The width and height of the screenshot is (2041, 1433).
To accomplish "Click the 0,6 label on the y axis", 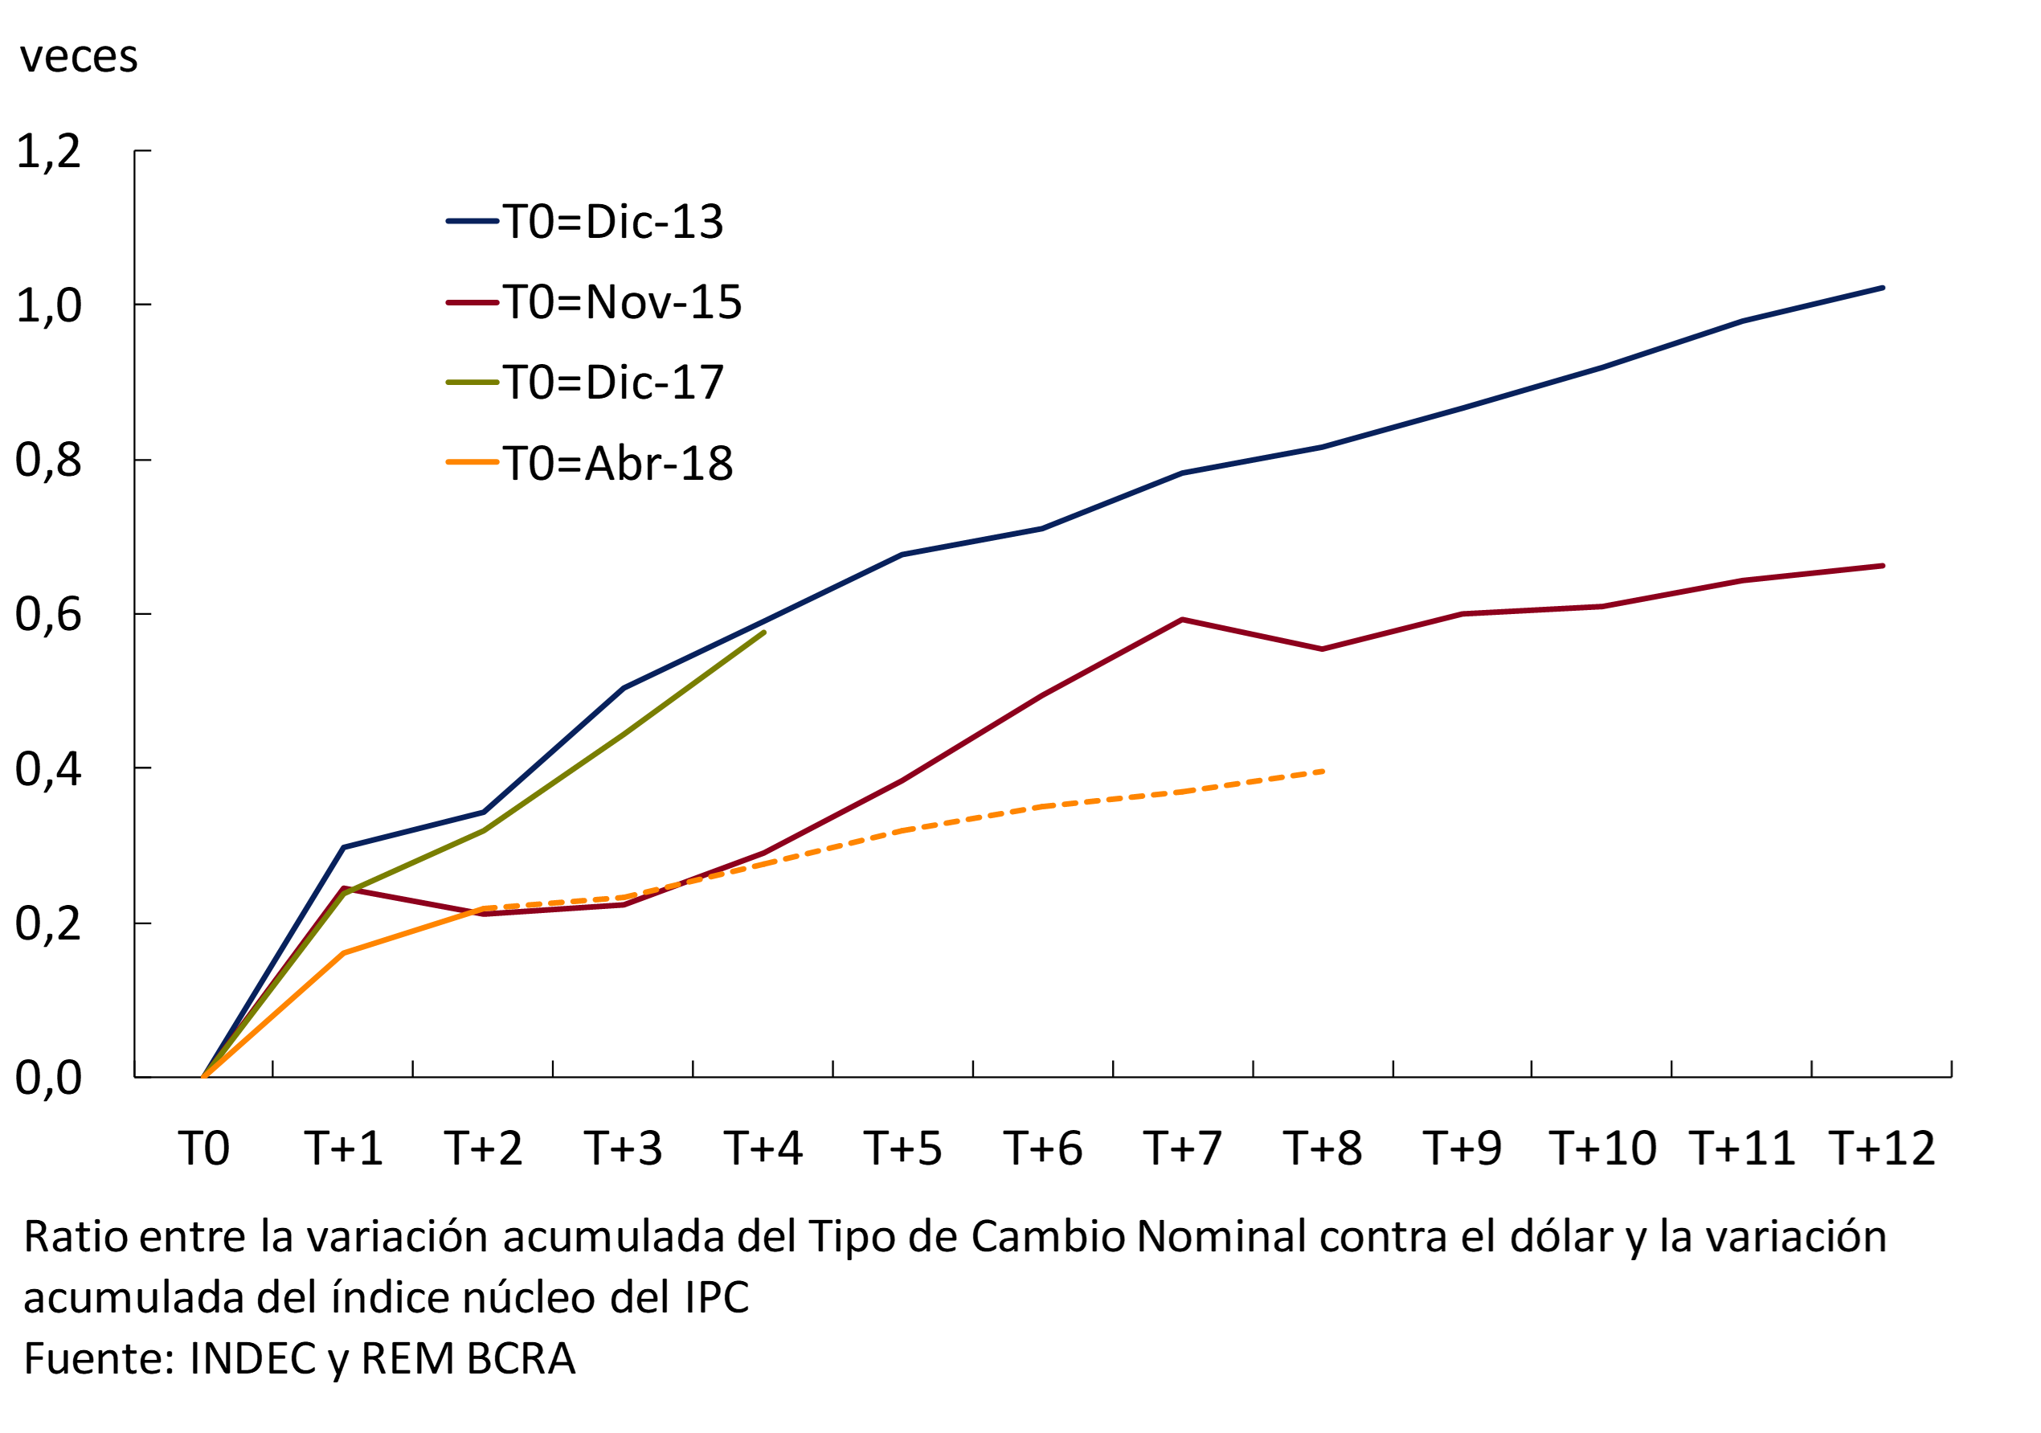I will click(x=49, y=614).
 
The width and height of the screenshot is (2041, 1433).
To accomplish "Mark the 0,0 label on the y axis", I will click(x=49, y=1078).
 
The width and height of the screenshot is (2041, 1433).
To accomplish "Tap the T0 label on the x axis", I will click(x=203, y=1148).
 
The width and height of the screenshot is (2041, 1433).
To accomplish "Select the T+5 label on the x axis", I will click(x=902, y=1148).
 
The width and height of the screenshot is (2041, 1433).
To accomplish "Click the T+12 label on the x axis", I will click(x=1882, y=1148).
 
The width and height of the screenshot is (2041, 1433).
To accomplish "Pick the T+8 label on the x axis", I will click(x=1322, y=1148).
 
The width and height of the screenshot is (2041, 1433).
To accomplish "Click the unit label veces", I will click(x=78, y=57).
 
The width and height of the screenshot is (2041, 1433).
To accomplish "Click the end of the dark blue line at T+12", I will click(x=1882, y=288).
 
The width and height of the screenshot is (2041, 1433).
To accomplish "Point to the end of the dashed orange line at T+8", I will click(x=1323, y=772).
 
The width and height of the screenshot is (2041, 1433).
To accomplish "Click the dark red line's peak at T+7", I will click(x=1182, y=620).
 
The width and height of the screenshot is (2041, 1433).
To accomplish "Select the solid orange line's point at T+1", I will click(x=343, y=953).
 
